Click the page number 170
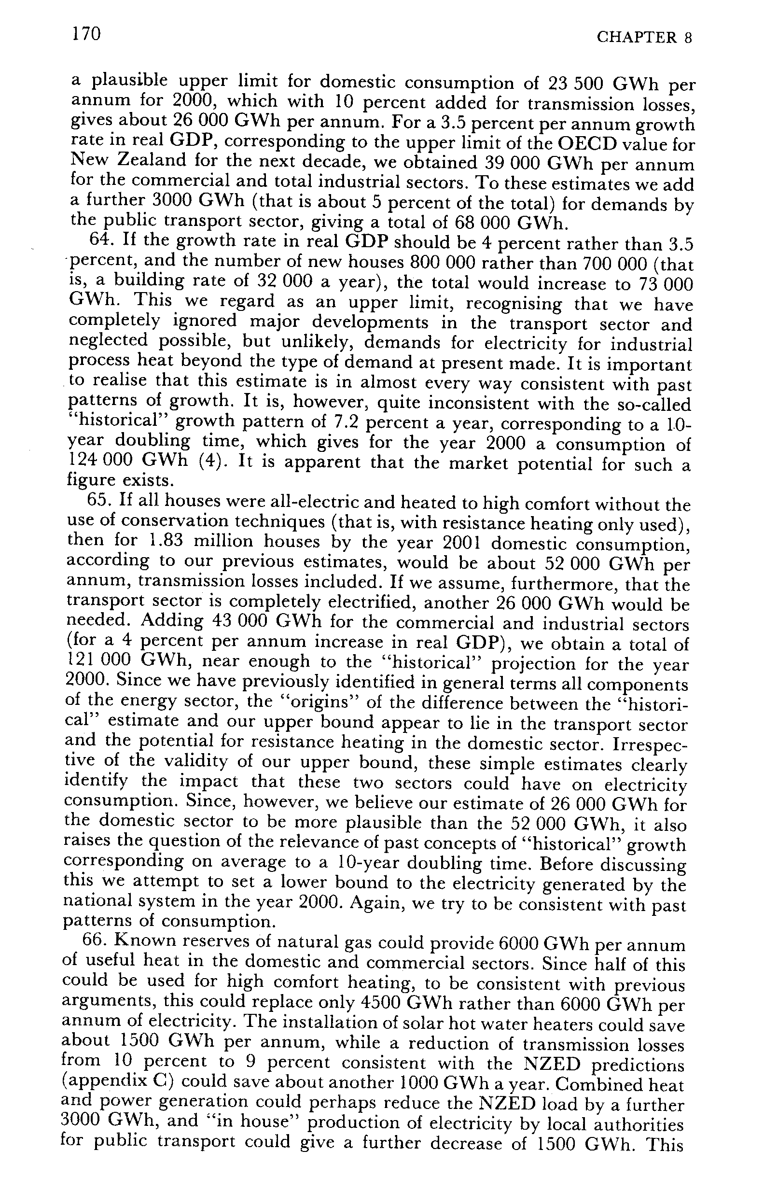click(87, 34)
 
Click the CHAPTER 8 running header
click(643, 38)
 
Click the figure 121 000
click(98, 660)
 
